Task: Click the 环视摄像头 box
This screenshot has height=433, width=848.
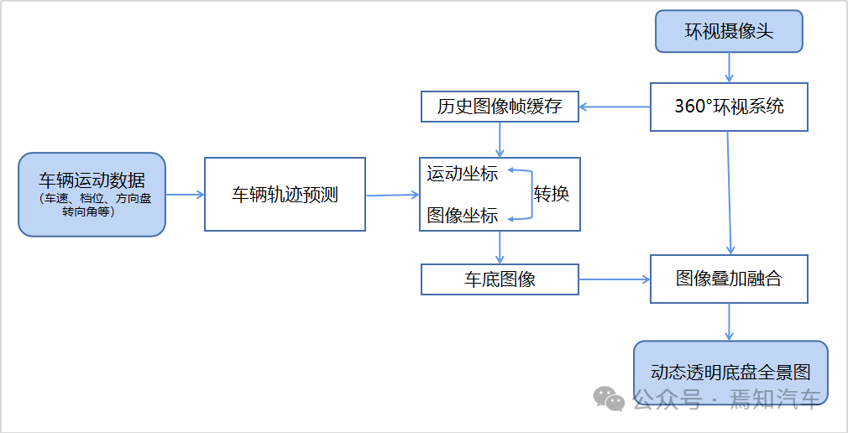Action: [x=729, y=31]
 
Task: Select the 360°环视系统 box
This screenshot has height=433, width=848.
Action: [x=729, y=107]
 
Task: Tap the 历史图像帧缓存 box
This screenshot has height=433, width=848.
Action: [x=500, y=107]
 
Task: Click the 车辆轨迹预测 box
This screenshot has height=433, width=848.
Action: [x=285, y=194]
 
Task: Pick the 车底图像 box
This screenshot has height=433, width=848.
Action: [x=500, y=279]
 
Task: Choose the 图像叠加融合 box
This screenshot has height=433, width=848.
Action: [x=729, y=279]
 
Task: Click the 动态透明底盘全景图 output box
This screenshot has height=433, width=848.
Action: [x=730, y=372]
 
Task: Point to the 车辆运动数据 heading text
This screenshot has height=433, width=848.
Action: [x=92, y=180]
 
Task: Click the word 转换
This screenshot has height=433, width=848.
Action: [x=552, y=194]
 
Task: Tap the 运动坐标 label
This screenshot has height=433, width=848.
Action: [x=463, y=174]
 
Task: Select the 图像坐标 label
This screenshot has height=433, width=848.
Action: [x=463, y=216]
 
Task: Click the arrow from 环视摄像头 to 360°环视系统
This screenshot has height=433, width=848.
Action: [x=729, y=66]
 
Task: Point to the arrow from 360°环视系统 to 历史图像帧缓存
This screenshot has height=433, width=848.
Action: [x=615, y=107]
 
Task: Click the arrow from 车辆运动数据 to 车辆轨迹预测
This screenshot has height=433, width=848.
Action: [x=185, y=194]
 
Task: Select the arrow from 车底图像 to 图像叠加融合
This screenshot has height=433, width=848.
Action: [x=615, y=279]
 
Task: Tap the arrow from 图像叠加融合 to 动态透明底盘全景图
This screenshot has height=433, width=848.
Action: [x=729, y=321]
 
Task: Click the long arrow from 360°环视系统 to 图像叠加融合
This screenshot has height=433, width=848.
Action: [x=730, y=193]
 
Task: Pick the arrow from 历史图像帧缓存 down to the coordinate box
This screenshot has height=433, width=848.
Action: [x=500, y=139]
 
